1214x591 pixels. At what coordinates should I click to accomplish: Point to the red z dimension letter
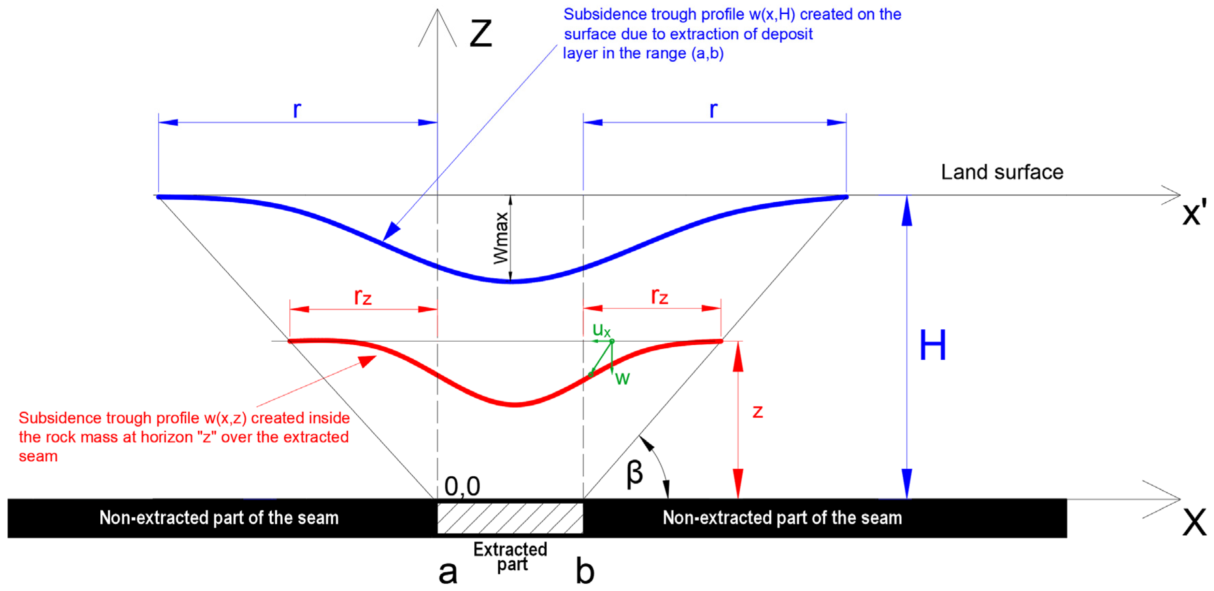point(757,412)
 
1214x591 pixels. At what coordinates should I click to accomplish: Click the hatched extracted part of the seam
point(510,518)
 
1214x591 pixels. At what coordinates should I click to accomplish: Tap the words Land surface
point(1002,172)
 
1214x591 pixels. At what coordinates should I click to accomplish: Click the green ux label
point(601,330)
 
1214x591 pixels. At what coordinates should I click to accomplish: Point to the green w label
point(623,378)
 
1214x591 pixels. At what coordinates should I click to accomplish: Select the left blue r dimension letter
point(297,110)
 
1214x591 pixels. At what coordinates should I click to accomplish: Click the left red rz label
point(363,297)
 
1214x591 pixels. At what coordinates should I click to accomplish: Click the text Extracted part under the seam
point(510,557)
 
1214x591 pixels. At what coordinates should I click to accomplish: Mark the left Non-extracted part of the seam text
point(219,518)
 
